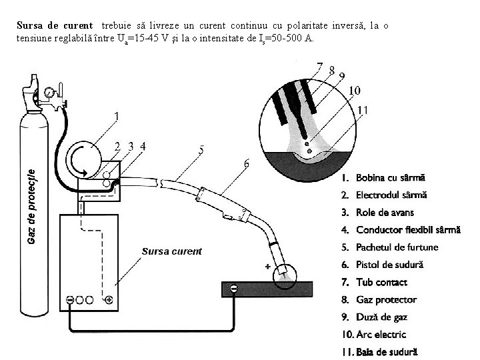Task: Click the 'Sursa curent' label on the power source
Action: [x=171, y=251]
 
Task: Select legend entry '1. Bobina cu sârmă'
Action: [x=382, y=178]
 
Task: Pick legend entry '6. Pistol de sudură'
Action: [x=381, y=265]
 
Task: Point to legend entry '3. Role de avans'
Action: [x=377, y=213]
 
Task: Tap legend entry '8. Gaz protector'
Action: [x=377, y=300]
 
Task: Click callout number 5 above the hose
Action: [x=201, y=151]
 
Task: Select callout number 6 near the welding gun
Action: [x=247, y=163]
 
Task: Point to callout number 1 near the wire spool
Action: [x=117, y=115]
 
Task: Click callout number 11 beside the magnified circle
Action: [x=363, y=110]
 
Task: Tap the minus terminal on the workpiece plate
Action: [x=233, y=288]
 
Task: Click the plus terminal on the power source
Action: [x=108, y=300]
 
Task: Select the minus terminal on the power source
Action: [x=69, y=300]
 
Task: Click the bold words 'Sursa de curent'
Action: [x=55, y=25]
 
